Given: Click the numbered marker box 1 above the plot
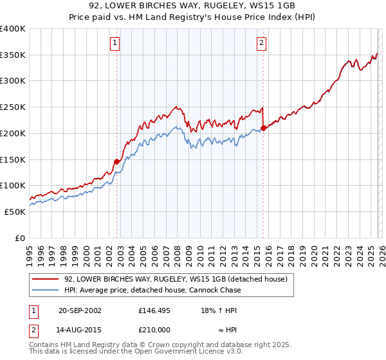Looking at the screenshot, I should [115, 43].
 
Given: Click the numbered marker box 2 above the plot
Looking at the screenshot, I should [262, 43].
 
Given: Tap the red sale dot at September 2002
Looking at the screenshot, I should [117, 161].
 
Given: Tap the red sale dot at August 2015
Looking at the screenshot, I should [264, 128].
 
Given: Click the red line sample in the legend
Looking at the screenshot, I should [45, 279].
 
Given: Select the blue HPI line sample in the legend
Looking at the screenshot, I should [45, 290].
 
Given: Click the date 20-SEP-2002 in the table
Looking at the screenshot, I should [80, 310].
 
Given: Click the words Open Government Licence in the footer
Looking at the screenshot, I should [186, 352].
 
